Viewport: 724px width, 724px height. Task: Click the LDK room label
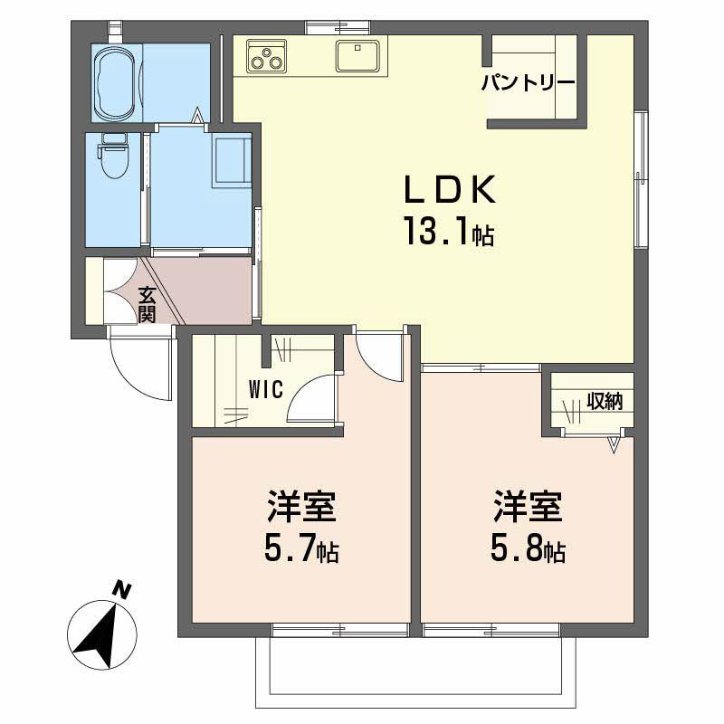click(x=450, y=189)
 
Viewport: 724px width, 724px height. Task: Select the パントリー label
click(x=528, y=83)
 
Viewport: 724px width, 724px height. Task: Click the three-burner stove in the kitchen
click(x=266, y=56)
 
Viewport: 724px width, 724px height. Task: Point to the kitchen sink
click(x=357, y=56)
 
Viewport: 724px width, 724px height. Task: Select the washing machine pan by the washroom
click(x=232, y=160)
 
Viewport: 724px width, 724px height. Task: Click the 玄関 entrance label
click(x=148, y=305)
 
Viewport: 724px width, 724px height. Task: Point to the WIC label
click(x=265, y=390)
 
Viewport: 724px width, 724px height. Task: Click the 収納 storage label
click(x=605, y=401)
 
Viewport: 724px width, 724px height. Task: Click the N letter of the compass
click(x=122, y=591)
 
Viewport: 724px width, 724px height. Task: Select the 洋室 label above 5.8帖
click(x=528, y=507)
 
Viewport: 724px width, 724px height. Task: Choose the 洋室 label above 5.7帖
click(x=301, y=507)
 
